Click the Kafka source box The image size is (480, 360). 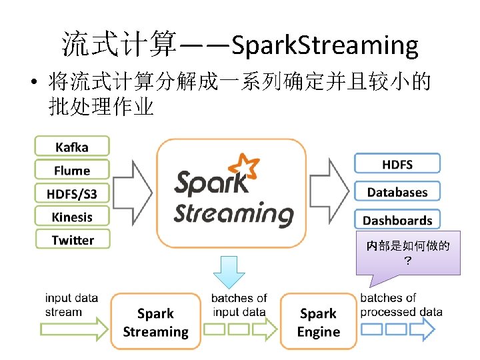[72, 146]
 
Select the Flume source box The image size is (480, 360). [72, 170]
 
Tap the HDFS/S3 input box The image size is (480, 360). [72, 193]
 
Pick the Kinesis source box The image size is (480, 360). [72, 217]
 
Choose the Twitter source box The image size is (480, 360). [72, 240]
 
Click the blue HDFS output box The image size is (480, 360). [397, 164]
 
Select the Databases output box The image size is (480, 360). [397, 192]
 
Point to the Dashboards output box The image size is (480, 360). [397, 219]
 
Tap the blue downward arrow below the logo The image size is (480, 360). [229, 271]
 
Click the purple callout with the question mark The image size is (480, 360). [408, 253]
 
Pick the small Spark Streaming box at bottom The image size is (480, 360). [155, 322]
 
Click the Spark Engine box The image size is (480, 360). [318, 322]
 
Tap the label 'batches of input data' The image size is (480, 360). [239, 305]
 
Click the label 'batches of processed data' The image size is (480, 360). [401, 305]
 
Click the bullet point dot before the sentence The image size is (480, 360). [33, 85]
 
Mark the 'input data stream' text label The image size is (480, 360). [71, 305]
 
